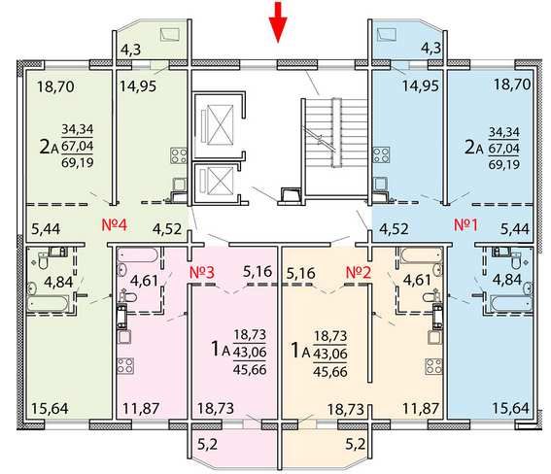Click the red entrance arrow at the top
(278, 21)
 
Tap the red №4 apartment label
(115, 224)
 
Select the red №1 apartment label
(465, 225)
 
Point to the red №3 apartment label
(202, 273)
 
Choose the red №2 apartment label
(359, 273)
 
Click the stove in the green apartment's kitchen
(179, 155)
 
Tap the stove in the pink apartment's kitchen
(125, 365)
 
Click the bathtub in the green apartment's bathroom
(49, 303)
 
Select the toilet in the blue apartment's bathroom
(516, 259)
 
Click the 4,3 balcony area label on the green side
(131, 50)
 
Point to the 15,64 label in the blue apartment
(510, 408)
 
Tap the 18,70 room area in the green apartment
(55, 86)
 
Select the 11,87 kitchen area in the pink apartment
(141, 408)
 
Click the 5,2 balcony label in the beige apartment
(356, 445)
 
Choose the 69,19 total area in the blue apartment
(504, 164)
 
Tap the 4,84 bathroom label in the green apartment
(58, 282)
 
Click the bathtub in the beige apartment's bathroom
(421, 254)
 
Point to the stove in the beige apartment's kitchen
(433, 366)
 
